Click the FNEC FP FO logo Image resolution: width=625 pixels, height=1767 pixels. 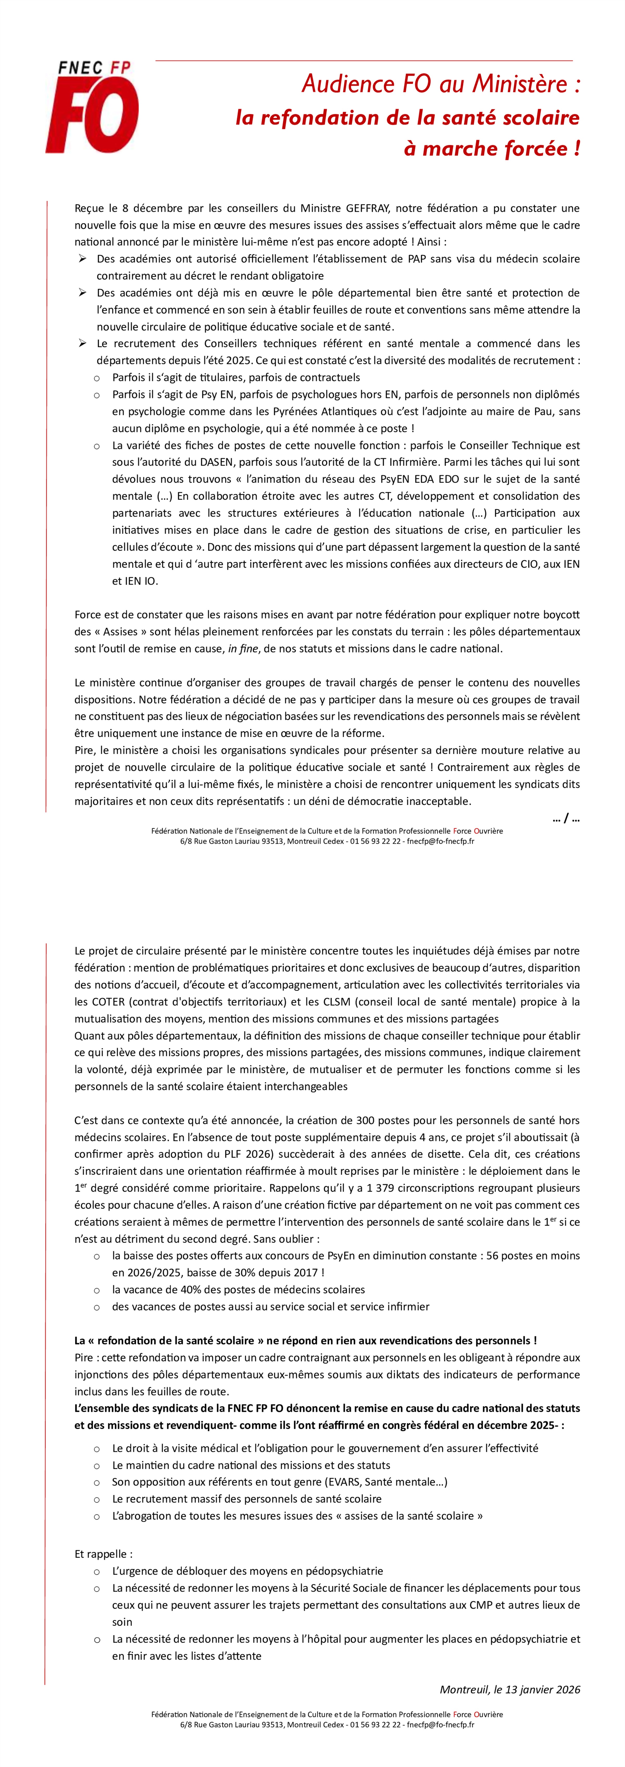coord(92,106)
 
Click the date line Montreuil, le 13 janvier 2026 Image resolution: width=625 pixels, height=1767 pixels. coord(510,1689)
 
